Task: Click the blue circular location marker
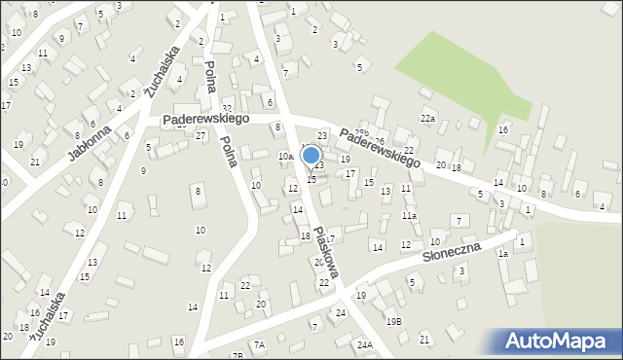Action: pos(311,155)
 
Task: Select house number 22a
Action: pos(427,119)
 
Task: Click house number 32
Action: pos(227,108)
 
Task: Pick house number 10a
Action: pos(285,157)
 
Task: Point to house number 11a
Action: pos(410,215)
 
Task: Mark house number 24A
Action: pos(364,345)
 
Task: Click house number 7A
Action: pos(259,344)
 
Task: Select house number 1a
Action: pos(503,254)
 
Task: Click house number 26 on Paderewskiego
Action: pos(381,142)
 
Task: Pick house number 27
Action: pos(200,136)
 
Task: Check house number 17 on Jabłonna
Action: pos(5,106)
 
